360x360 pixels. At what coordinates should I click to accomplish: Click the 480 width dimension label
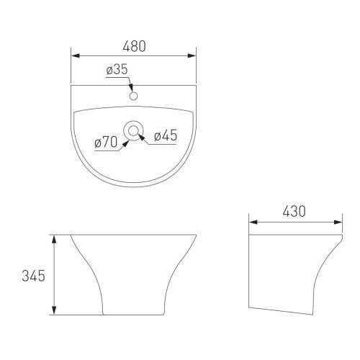pyautogui.click(x=134, y=46)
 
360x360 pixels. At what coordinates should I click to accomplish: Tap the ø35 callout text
pyautogui.click(x=117, y=69)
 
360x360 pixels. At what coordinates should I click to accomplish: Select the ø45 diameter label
pyautogui.click(x=166, y=135)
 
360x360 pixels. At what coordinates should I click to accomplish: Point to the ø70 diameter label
pyautogui.click(x=106, y=142)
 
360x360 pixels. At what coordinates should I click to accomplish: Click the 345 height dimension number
pyautogui.click(x=33, y=276)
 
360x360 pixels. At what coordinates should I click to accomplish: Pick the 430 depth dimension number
pyautogui.click(x=294, y=212)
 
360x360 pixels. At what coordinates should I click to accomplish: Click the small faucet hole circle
pyautogui.click(x=133, y=96)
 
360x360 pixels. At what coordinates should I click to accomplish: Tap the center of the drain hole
pyautogui.click(x=133, y=131)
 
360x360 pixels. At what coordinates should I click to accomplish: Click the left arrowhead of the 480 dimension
pyautogui.click(x=76, y=55)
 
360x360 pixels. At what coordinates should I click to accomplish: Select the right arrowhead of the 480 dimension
pyautogui.click(x=192, y=55)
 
